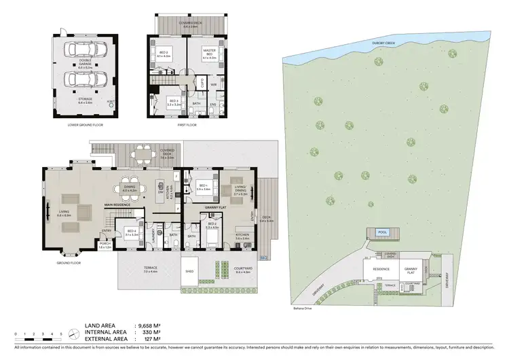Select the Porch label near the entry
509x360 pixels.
coord(105,245)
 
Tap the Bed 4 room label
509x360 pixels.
coord(131,232)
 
